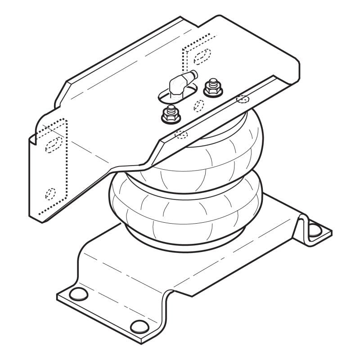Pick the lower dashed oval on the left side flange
click(x=50, y=193)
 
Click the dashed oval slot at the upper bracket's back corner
click(x=202, y=55)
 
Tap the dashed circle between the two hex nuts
click(x=198, y=105)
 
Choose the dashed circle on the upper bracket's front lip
click(x=181, y=133)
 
